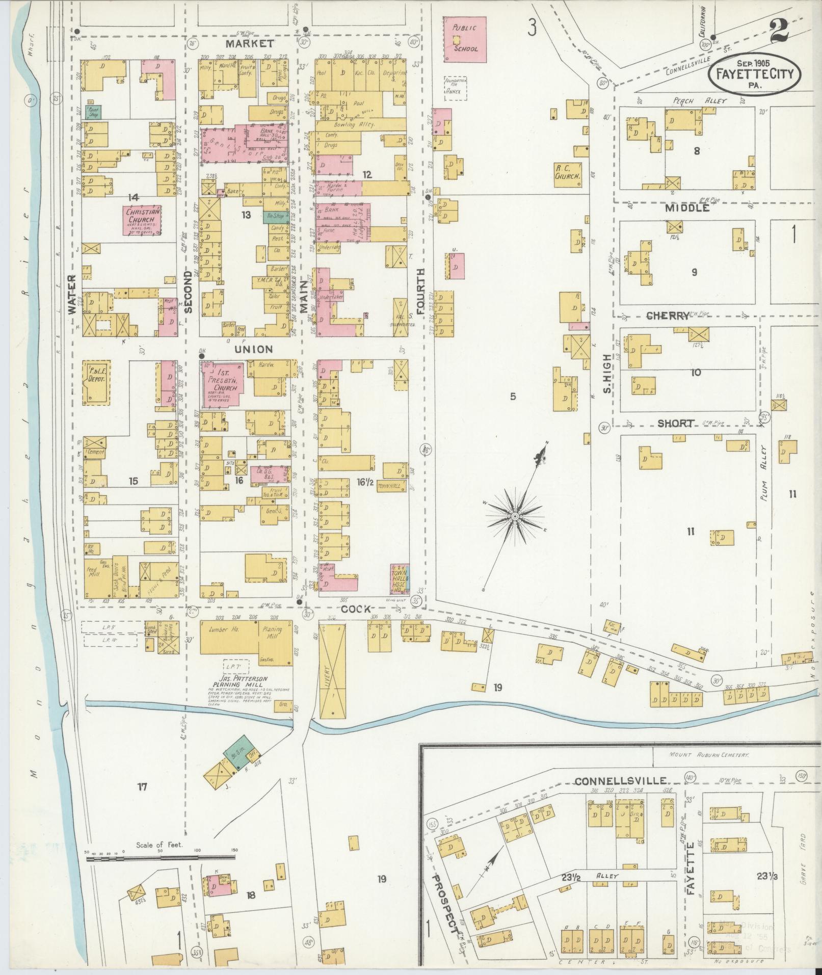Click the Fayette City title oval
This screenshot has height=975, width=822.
[754, 73]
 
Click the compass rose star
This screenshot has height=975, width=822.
[515, 517]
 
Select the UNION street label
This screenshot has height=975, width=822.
[254, 349]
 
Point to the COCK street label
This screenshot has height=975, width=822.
[355, 609]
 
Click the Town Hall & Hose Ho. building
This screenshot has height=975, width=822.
[401, 578]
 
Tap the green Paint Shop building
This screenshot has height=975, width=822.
[93, 112]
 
